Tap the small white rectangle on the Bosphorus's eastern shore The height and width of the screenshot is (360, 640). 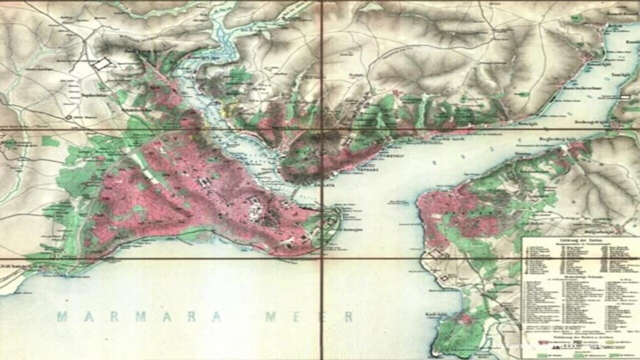click(x=625, y=96)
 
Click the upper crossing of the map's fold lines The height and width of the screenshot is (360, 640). click(x=322, y=129)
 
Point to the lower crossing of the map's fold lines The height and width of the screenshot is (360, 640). click(x=322, y=258)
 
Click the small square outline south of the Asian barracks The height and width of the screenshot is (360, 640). click(x=443, y=278)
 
